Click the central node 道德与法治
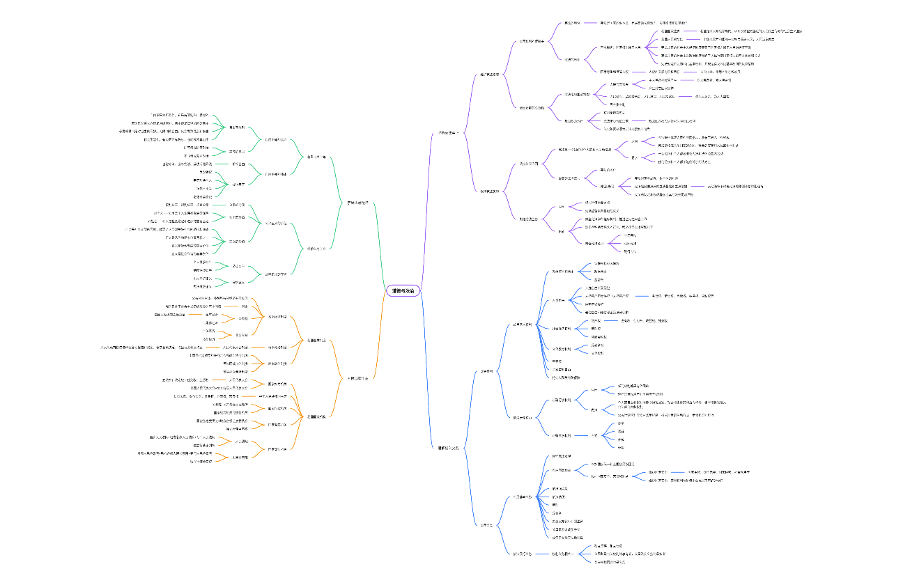pyautogui.click(x=404, y=291)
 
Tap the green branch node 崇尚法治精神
pyautogui.click(x=362, y=203)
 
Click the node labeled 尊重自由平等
pyautogui.click(x=316, y=156)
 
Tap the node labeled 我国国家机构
pyautogui.click(x=318, y=416)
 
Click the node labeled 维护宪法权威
pyautogui.click(x=489, y=74)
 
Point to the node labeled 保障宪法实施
pyautogui.click(x=489, y=191)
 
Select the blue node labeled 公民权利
pyautogui.click(x=486, y=371)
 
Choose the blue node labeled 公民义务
pyautogui.click(x=486, y=524)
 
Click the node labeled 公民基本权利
pyautogui.click(x=523, y=325)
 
